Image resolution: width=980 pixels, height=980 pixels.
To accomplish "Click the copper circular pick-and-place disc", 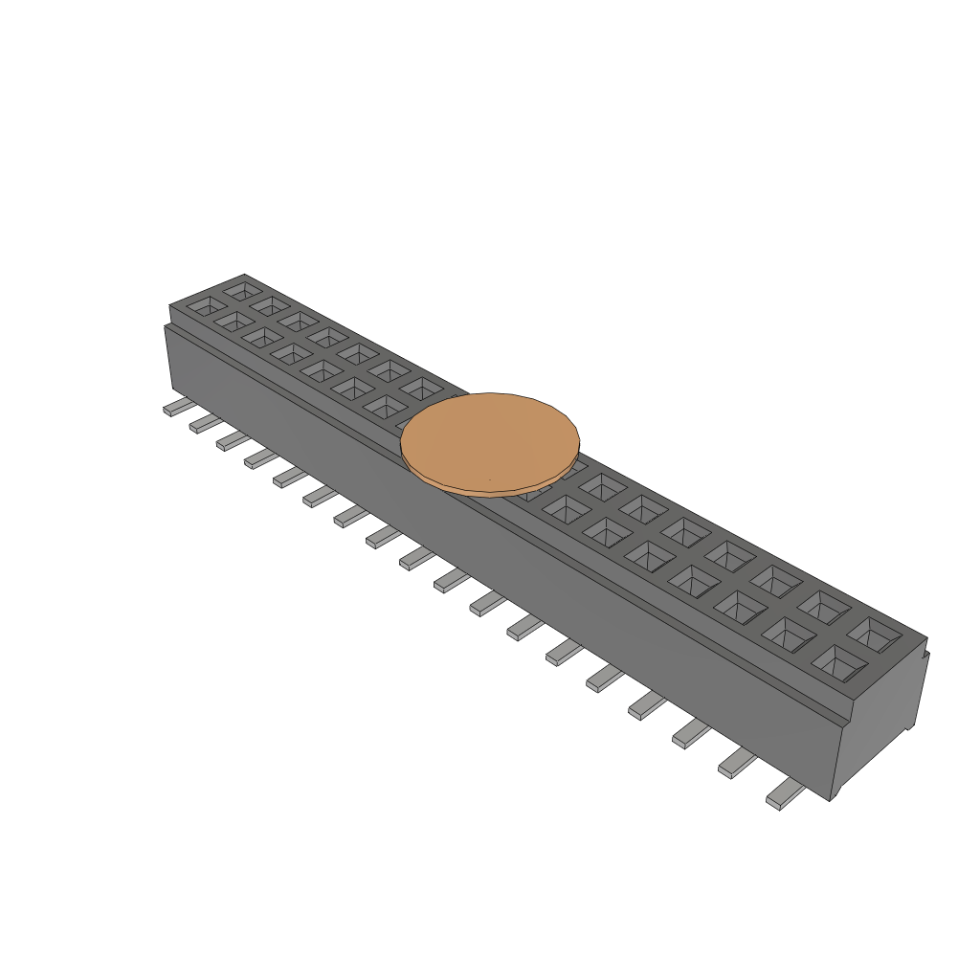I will tap(490, 442).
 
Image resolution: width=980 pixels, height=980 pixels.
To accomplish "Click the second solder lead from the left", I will tap(204, 424).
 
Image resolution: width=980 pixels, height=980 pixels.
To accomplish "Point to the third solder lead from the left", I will tap(231, 440).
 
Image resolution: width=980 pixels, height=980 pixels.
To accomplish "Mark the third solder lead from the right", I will tap(690, 733).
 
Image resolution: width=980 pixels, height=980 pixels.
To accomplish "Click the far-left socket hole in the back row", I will tap(242, 288).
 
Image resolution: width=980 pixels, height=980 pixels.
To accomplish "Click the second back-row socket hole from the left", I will tap(270, 305).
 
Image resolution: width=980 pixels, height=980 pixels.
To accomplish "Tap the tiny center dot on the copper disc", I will tap(489, 479).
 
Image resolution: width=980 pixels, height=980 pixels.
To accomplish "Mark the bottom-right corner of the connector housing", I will tap(832, 799).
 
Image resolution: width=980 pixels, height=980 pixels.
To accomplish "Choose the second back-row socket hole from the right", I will tap(824, 606).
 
